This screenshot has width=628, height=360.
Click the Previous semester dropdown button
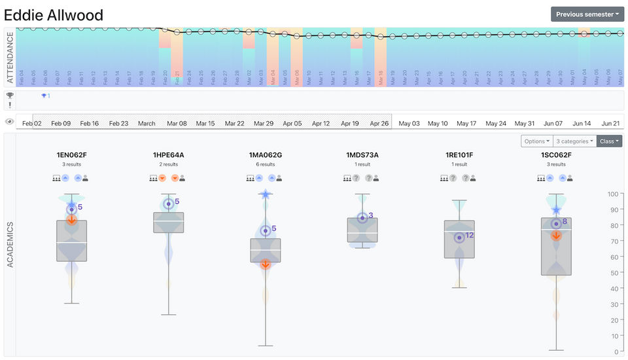(587, 14)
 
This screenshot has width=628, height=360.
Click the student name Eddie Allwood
(54, 14)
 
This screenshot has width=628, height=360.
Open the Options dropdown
(536, 141)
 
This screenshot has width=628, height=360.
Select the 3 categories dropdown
(574, 141)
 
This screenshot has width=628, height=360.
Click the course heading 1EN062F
(72, 155)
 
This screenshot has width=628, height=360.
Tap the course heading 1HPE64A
(169, 155)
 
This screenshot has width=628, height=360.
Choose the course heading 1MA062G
(266, 155)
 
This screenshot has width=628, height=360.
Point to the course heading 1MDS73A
(362, 155)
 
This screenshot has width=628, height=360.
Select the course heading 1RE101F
(459, 155)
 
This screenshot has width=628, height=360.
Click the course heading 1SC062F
(556, 155)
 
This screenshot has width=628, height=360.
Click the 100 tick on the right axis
(613, 194)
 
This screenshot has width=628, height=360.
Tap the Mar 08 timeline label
(177, 123)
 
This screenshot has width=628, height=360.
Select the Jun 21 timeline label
(610, 123)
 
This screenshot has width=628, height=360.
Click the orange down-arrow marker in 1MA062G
(266, 264)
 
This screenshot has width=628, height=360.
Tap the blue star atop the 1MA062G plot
(266, 194)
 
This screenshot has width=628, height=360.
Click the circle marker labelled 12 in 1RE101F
(459, 238)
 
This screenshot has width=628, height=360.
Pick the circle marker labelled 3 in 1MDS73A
(362, 218)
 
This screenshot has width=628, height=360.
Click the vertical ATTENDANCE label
(9, 58)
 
